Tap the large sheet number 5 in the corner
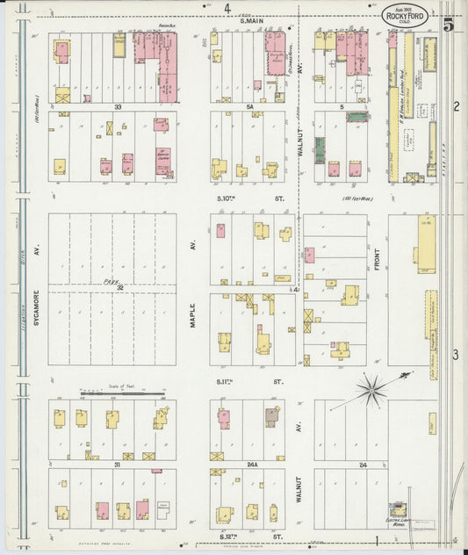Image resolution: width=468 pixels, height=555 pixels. [x=449, y=25]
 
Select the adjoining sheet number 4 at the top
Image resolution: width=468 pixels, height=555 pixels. [x=227, y=8]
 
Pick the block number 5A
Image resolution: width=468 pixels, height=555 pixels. [x=248, y=106]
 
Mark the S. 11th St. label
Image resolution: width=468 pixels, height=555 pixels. [x=251, y=382]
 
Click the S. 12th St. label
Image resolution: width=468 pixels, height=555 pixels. [x=251, y=535]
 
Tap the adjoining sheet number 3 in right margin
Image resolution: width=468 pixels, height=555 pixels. [x=456, y=354]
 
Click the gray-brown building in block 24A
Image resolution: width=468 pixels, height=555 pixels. [x=272, y=417]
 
